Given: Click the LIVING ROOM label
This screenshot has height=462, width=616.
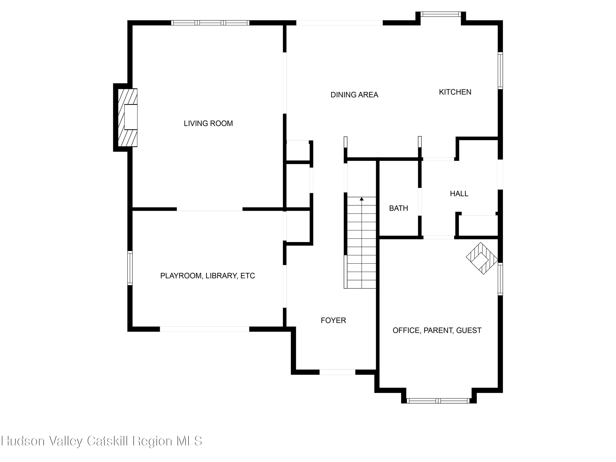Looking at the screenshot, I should coord(208,123).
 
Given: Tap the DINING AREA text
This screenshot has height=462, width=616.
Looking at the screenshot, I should coord(354,95).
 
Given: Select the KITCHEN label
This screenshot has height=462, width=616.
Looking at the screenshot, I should coord(455,92).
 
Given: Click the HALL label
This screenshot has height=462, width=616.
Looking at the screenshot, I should coord(459,194).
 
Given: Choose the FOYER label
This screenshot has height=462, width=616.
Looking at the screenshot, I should coord(333,321).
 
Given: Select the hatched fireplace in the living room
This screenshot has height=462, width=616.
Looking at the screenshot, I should coord(128,117).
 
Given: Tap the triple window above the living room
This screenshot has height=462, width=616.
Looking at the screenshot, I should coord(210,23).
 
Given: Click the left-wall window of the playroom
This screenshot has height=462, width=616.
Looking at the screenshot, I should coord(130,268).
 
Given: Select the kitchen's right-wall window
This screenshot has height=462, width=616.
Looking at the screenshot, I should coord(500,71).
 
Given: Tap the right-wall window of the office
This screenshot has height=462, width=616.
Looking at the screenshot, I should coord(500,279).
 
